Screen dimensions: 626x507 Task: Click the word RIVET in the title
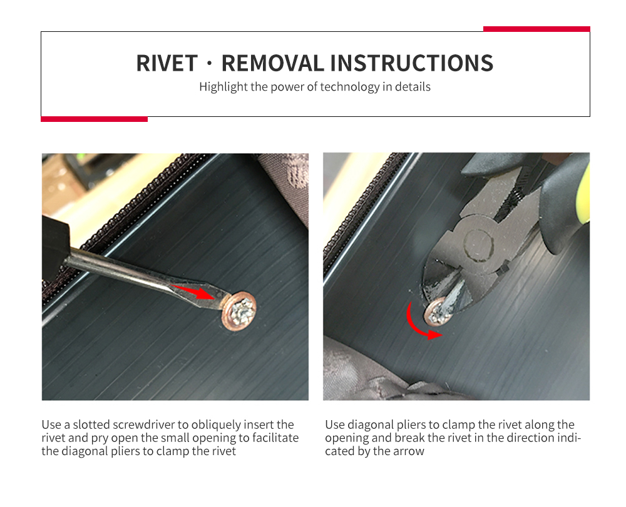click(x=167, y=63)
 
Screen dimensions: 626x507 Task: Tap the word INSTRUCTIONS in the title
click(x=412, y=63)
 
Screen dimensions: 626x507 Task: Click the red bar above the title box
click(x=536, y=29)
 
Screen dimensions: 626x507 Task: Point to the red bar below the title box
click(x=95, y=119)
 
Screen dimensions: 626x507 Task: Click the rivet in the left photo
click(x=239, y=311)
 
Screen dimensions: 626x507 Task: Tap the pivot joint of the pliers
click(x=478, y=244)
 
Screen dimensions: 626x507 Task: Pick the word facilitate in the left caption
click(x=275, y=438)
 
